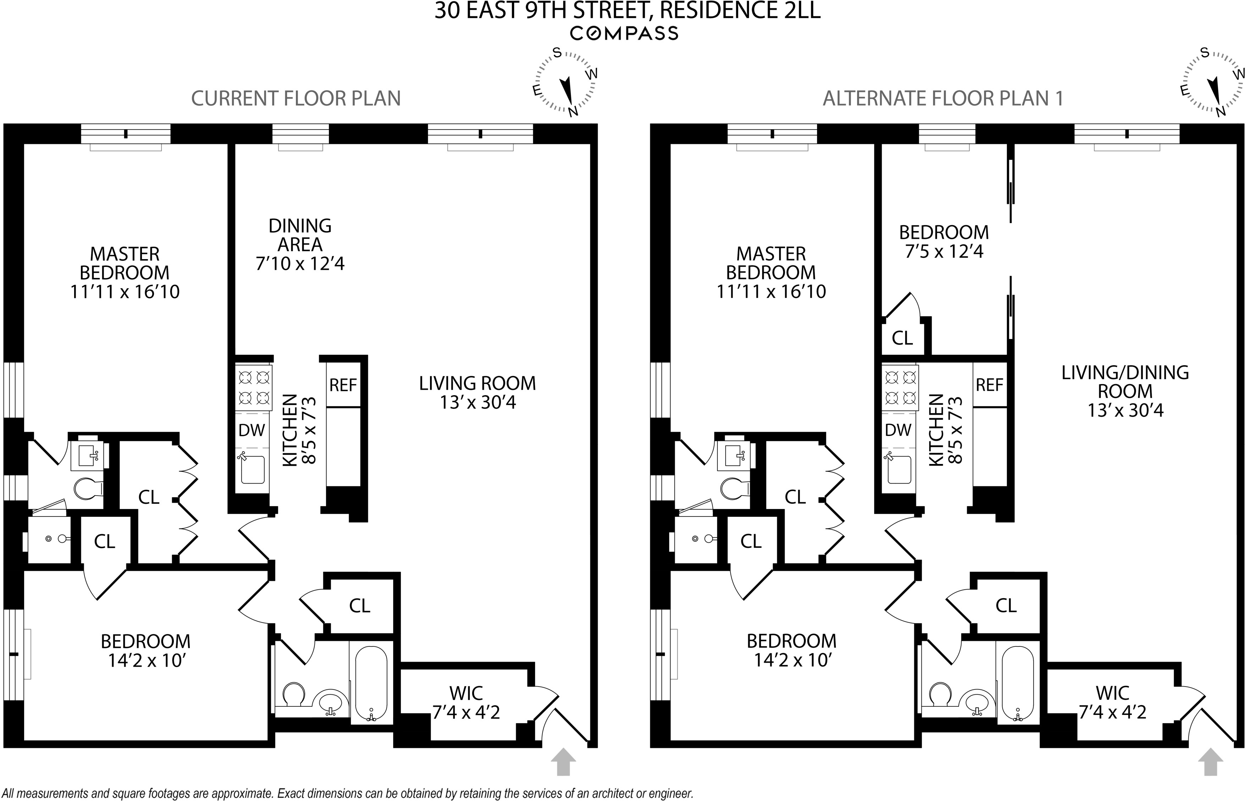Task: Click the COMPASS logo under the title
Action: (624, 33)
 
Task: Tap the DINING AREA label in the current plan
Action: (300, 235)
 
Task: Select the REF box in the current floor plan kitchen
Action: (343, 385)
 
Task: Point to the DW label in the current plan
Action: (252, 430)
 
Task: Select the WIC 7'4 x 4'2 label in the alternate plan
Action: (1113, 703)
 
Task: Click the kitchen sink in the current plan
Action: (253, 470)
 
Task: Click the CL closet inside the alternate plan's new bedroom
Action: (902, 338)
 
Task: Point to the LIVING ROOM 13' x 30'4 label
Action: (477, 393)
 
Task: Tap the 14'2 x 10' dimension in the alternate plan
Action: (792, 661)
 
